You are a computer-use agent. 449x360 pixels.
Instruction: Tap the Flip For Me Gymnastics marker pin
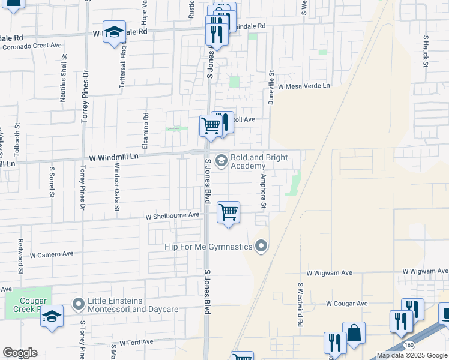coord(261,246)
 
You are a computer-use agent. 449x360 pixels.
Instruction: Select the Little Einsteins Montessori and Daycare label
coord(133,305)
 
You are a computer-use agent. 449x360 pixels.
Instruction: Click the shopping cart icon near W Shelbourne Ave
coord(228,212)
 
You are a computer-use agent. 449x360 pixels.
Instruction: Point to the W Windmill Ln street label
coord(114,157)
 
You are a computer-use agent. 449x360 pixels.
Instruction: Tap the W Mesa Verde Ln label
coord(304,86)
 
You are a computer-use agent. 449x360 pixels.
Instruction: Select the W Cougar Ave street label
coord(347,304)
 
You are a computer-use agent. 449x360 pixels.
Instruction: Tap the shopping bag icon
coord(354,333)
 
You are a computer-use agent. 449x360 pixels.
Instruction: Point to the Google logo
coord(20,353)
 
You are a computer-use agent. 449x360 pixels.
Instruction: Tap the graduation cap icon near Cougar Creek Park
coord(52,316)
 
